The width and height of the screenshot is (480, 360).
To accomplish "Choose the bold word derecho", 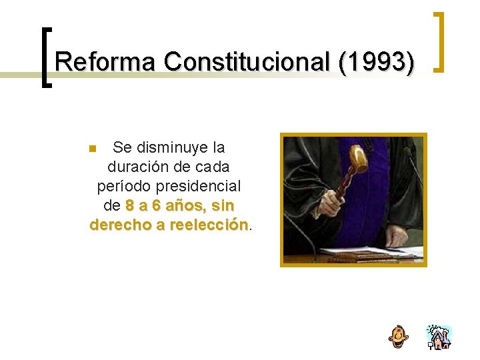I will tap(120, 225).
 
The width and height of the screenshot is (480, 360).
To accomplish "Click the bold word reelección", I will tap(209, 225).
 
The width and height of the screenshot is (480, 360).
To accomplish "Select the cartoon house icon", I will tap(439, 337).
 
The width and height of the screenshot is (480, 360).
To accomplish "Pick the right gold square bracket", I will tap(439, 41).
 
